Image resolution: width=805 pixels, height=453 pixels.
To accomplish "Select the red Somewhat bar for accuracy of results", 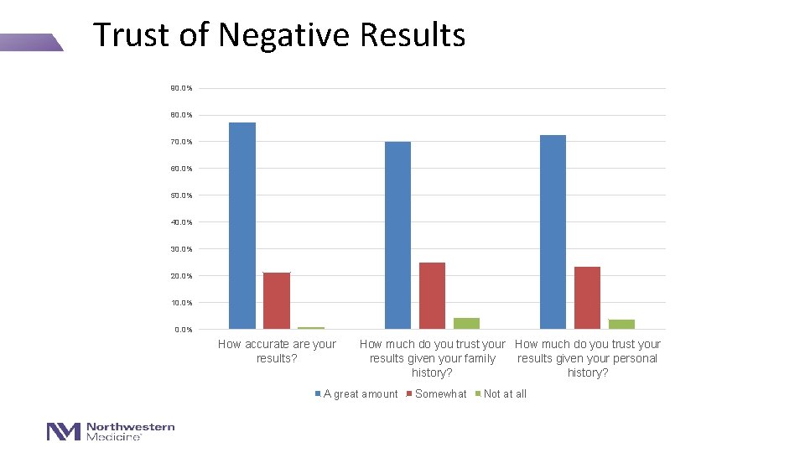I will coord(277,300).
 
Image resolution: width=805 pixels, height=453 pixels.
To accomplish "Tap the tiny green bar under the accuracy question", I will coord(311,327).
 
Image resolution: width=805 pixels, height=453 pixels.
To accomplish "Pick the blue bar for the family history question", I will coord(397,235).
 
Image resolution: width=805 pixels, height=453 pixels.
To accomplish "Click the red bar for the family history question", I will coord(432,295).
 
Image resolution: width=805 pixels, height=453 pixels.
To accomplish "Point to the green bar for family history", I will coord(466,323).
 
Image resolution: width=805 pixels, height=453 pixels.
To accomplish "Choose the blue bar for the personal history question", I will coord(553,232).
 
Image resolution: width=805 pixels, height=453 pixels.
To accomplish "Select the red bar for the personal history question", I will coord(587,297).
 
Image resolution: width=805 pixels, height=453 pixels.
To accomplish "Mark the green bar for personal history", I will coord(621,324).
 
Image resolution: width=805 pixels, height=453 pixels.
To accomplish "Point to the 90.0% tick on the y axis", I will coord(181,88).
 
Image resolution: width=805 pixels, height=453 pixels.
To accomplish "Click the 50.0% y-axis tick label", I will coord(181,195).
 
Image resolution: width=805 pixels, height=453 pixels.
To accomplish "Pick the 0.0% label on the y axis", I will coord(183,330).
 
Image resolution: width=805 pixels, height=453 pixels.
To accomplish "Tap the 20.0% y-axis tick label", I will coord(181,276).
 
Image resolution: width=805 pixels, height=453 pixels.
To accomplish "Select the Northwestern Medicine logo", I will coord(111,431).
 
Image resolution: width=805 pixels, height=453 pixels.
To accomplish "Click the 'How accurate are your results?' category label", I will coord(277,351).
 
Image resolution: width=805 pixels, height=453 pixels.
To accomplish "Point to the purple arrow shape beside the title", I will coord(31,42).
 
